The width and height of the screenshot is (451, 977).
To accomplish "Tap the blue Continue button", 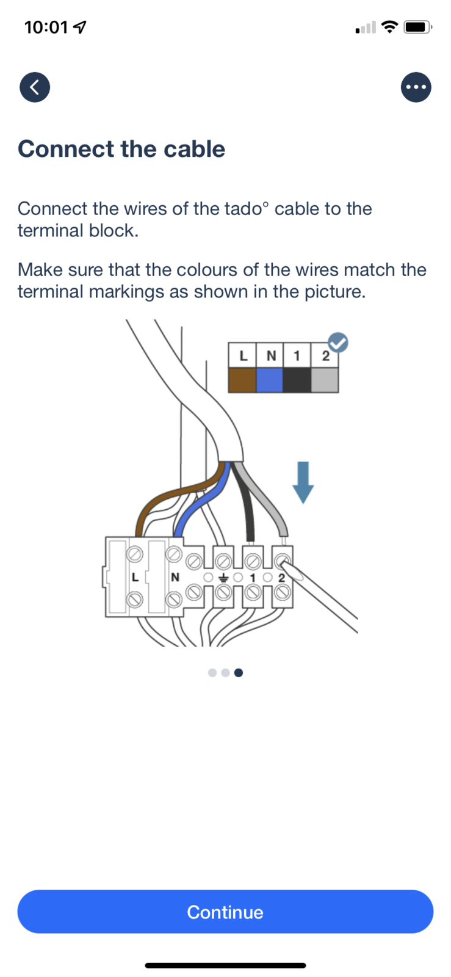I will point(225,912).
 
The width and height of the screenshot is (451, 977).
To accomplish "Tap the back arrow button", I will point(35,87).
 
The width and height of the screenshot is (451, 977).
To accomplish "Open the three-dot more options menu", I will point(416,87).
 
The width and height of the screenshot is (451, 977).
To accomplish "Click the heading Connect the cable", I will point(121,149).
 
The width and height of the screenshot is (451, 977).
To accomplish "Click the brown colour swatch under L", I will point(242,380).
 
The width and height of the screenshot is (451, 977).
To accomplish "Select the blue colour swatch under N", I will point(270,380).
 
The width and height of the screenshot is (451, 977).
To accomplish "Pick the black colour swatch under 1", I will point(297,380).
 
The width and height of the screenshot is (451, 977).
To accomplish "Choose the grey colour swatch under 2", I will point(325,380).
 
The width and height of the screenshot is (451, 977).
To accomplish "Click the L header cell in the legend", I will point(243,355).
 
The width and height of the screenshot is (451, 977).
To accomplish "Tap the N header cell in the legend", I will point(270,355).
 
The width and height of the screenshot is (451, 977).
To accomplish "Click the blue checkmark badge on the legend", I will point(338,343).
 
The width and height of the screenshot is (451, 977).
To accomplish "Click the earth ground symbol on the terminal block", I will point(223,577).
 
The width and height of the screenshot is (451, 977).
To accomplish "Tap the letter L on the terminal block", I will point(135,577).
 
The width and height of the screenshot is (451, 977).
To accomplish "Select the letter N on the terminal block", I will point(175,577).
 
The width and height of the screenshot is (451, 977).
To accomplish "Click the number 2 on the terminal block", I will point(281,577).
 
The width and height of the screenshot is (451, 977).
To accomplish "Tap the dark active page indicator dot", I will point(239,672).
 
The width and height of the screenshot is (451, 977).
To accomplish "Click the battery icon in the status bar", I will point(417,27).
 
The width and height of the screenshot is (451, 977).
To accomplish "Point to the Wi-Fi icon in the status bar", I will point(389,27).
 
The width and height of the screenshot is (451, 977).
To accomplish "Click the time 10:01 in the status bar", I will point(46,27).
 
